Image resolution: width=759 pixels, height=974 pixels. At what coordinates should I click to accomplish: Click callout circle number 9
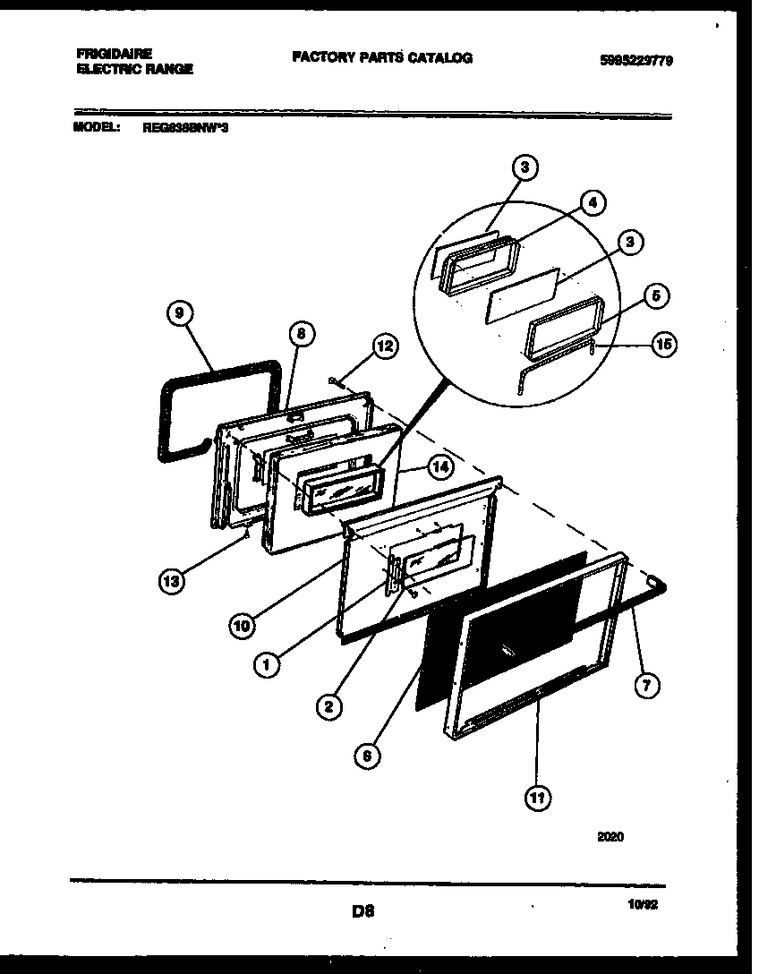click(180, 313)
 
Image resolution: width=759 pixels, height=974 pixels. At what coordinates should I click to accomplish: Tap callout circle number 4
click(590, 202)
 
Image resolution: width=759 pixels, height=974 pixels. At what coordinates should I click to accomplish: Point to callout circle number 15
click(663, 344)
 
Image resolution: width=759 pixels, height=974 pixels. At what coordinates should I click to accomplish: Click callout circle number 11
click(538, 797)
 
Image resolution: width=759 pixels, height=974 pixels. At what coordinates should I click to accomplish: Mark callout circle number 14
click(439, 466)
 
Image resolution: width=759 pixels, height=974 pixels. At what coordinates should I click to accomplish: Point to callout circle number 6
click(365, 756)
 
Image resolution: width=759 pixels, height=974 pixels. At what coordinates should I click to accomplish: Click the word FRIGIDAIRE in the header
click(114, 54)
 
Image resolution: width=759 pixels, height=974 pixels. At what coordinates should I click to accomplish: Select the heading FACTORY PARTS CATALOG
click(382, 58)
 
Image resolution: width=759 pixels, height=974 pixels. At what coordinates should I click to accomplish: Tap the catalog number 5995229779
click(636, 60)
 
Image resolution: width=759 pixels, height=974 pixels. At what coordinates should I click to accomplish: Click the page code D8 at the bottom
click(362, 911)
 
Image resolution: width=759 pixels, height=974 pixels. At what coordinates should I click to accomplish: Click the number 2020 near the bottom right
click(610, 837)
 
